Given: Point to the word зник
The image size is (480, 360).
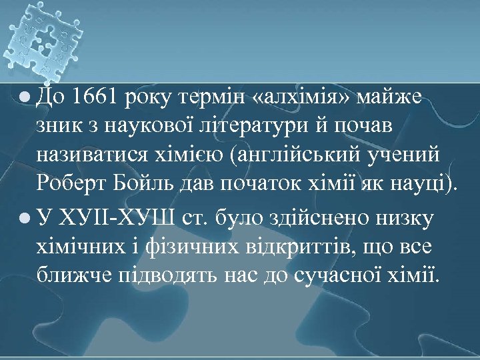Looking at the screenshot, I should coord(57,127).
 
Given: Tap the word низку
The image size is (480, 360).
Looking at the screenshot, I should coord(398,218).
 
